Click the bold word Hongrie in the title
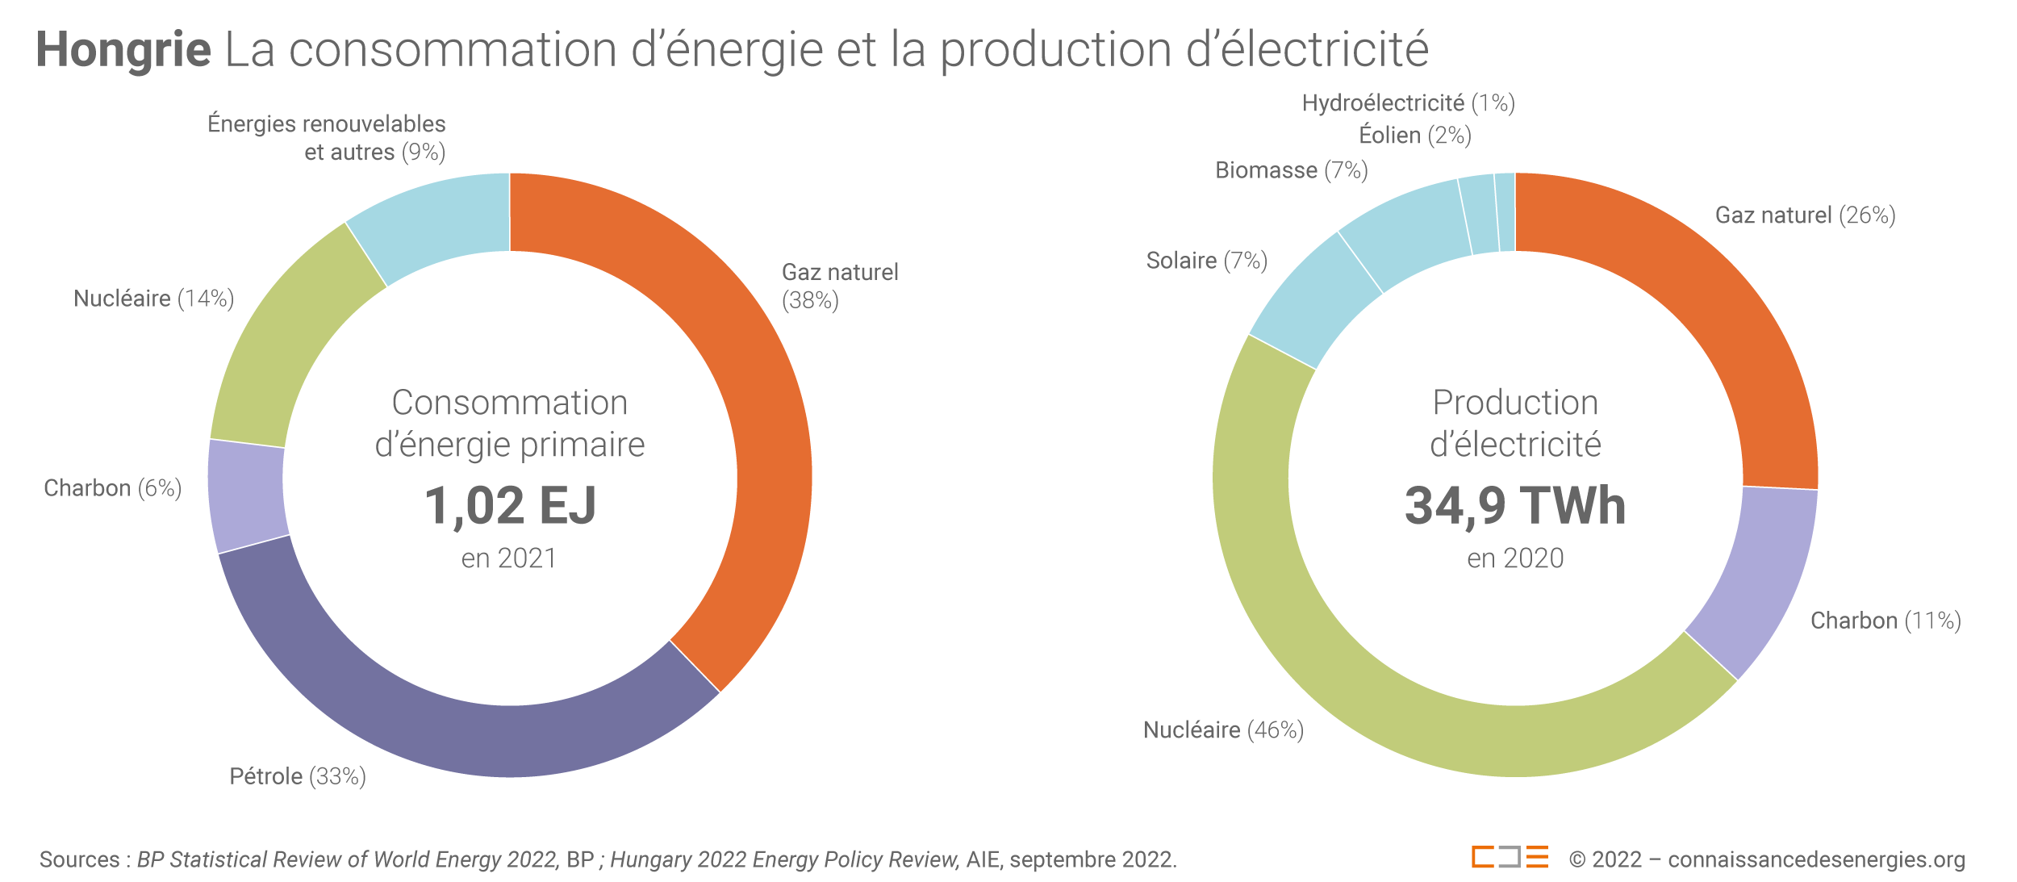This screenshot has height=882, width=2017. pos(123,50)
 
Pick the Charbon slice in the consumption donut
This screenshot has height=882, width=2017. pos(247,494)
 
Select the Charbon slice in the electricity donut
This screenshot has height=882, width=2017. pos(1759,581)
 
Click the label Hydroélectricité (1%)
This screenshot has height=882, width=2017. pos(1408,103)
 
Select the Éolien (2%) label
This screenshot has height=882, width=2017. pos(1415,136)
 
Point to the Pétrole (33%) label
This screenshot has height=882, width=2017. pos(298,776)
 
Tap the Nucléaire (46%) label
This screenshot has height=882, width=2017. pos(1223,730)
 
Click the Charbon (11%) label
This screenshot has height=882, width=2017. pos(1885,621)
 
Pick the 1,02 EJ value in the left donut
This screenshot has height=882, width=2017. pos(510,506)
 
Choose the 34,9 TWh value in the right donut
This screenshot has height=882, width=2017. pos(1515,506)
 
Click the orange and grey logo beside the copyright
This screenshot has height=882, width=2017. pos(1510,857)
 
